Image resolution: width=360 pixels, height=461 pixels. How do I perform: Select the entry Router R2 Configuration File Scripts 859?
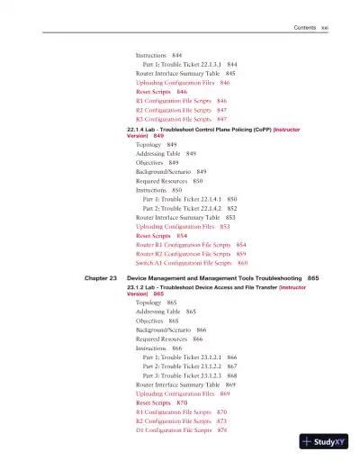[x=191, y=253]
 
